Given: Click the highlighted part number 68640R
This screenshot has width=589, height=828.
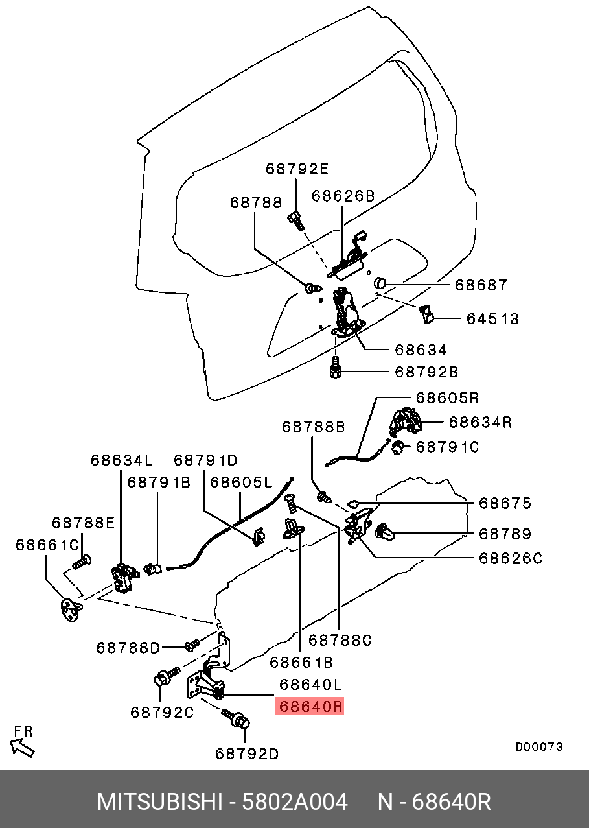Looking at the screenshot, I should [310, 706].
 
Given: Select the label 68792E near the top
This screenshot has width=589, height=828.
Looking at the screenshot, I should [297, 169].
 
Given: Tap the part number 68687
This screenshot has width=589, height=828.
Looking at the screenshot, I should [481, 285].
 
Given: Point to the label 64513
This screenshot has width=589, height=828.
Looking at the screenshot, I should [493, 318].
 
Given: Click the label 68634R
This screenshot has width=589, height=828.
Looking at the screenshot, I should [481, 422].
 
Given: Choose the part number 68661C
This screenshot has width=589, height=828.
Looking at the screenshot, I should [47, 545].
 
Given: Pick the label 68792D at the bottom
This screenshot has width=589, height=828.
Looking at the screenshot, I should [248, 753].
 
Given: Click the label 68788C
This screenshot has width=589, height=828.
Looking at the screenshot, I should [340, 640].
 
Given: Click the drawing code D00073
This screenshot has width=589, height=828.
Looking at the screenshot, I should [538, 747].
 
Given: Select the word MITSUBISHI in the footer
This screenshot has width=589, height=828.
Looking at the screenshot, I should [159, 802].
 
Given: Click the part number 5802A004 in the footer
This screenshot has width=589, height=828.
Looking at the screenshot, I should [295, 802].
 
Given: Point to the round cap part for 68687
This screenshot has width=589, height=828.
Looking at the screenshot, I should [380, 283].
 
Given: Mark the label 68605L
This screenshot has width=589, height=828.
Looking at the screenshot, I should [241, 482].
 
